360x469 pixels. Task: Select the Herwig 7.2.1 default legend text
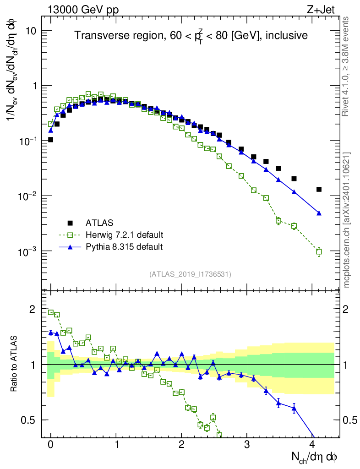click(x=125, y=235)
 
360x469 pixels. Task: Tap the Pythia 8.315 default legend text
click(x=124, y=247)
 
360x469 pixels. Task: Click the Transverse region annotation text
click(x=191, y=35)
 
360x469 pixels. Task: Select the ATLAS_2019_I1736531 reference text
click(x=191, y=274)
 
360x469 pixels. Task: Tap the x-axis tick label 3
click(x=247, y=445)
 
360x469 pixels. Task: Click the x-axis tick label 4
click(x=312, y=445)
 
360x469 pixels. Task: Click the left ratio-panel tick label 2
click(x=32, y=309)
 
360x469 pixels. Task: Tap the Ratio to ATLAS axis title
click(x=15, y=365)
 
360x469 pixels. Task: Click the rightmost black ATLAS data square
click(x=319, y=189)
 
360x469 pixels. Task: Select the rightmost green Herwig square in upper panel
click(x=319, y=251)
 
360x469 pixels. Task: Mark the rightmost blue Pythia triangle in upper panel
click(x=319, y=213)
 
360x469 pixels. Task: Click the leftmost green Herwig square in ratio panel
click(x=51, y=312)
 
